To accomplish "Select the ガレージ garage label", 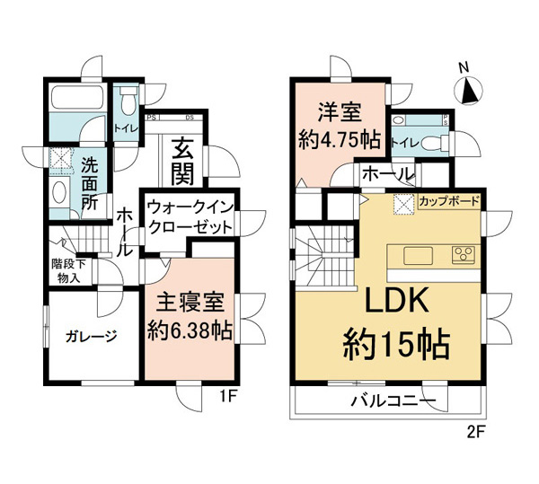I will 91,337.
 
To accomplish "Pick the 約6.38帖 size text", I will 190,330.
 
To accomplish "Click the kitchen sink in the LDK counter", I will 420,256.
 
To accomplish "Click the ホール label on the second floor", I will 388,174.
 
